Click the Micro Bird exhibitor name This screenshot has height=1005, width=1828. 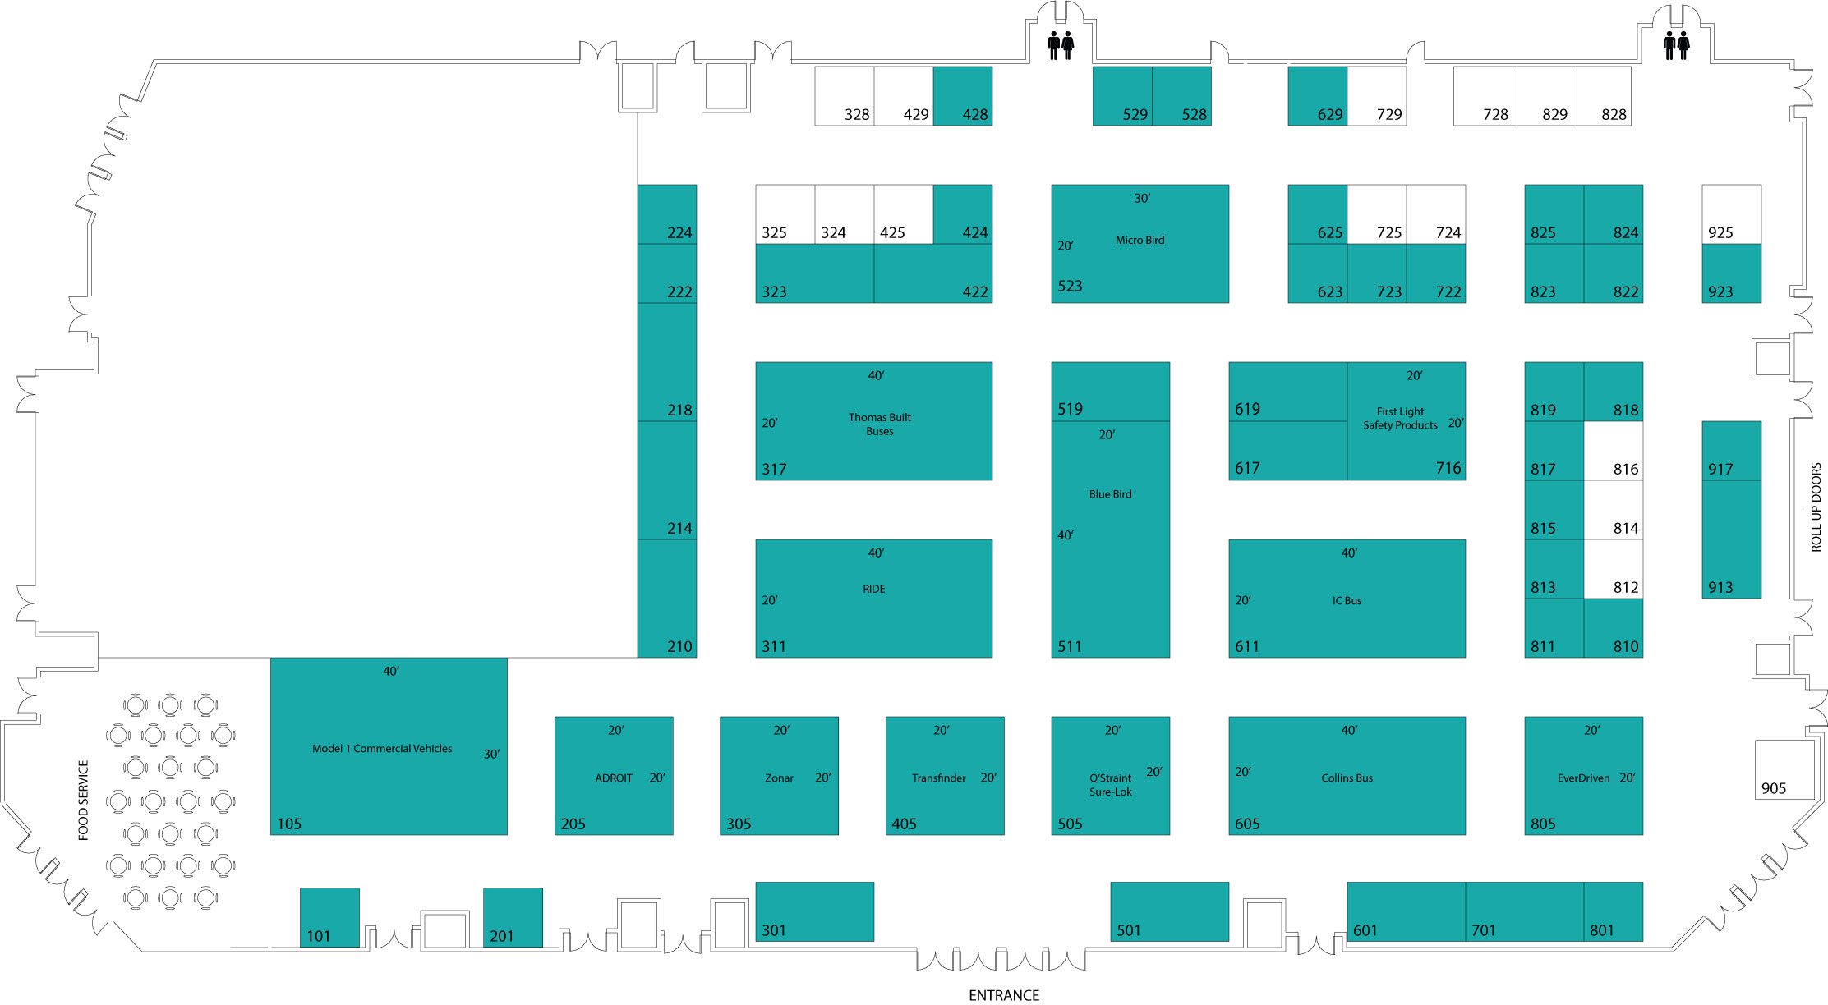[x=1140, y=241]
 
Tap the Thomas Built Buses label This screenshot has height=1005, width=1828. [x=879, y=424]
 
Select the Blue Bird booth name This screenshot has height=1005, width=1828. [x=1110, y=494]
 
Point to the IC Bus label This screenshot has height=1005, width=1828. [x=1347, y=601]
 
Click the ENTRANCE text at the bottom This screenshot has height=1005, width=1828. [x=1004, y=995]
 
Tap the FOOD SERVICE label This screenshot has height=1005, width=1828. [x=83, y=801]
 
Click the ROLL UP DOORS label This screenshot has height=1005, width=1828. [x=1816, y=507]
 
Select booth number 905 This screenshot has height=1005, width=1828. [x=1784, y=770]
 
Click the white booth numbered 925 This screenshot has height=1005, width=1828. [x=1731, y=214]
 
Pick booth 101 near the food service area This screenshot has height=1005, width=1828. [x=329, y=917]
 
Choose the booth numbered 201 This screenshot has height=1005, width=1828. [x=513, y=917]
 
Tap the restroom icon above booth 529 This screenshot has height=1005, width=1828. [x=1061, y=45]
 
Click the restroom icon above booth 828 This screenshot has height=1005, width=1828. [x=1676, y=45]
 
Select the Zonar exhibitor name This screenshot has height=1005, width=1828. [x=779, y=778]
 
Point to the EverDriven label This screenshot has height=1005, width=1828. [x=1583, y=778]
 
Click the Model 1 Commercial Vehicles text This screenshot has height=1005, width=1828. [x=382, y=749]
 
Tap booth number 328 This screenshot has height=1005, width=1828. [x=845, y=96]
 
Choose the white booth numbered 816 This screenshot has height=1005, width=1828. [x=1614, y=451]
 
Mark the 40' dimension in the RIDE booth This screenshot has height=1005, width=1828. [x=876, y=553]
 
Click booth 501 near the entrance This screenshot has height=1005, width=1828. [x=1170, y=911]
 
